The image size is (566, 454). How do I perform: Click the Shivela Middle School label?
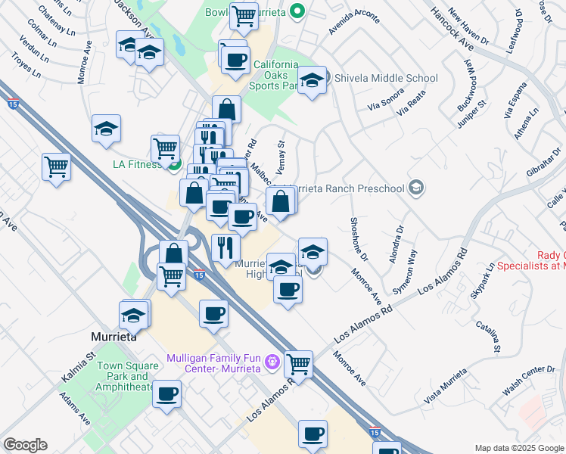386,78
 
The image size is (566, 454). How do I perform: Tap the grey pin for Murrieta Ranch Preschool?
415,187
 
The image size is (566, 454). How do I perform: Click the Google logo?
25,445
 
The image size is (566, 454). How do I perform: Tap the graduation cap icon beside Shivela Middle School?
311,79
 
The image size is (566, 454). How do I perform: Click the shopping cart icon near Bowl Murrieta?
243,14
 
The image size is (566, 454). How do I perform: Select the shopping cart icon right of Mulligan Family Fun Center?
298,364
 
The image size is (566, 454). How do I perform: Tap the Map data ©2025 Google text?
518,447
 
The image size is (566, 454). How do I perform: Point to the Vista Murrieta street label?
445,386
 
